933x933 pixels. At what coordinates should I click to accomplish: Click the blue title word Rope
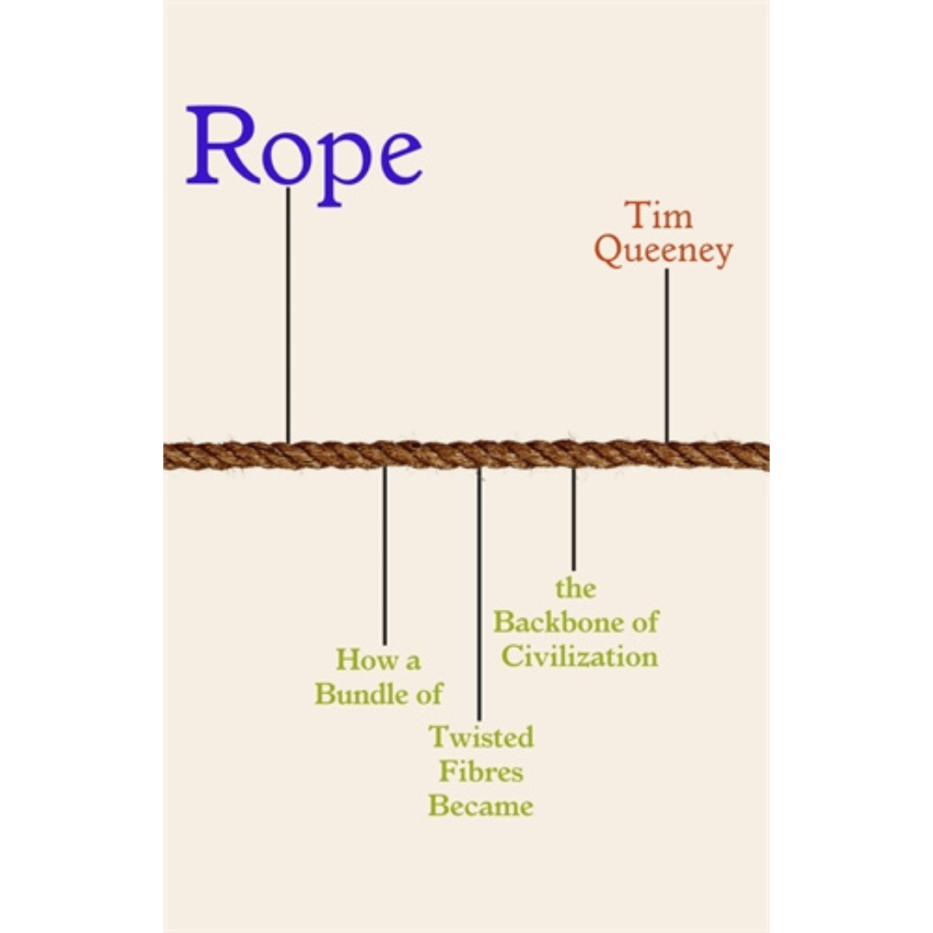coord(304,149)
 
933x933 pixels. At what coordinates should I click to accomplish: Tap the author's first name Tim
coord(659,216)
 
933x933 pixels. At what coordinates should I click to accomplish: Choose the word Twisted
coord(481,737)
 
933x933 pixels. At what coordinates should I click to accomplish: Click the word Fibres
coord(481,771)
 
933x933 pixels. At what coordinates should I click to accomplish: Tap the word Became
coord(481,806)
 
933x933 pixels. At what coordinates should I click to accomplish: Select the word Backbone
coord(563,621)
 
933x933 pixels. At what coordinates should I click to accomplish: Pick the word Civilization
coord(580,656)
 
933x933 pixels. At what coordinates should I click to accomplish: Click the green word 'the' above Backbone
coord(575,589)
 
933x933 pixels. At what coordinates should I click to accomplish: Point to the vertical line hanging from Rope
coord(288,315)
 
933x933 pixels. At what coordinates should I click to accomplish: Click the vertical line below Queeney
coord(666,354)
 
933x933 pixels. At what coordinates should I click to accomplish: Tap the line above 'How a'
coord(384,555)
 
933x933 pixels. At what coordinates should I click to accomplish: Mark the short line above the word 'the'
coord(573,518)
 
